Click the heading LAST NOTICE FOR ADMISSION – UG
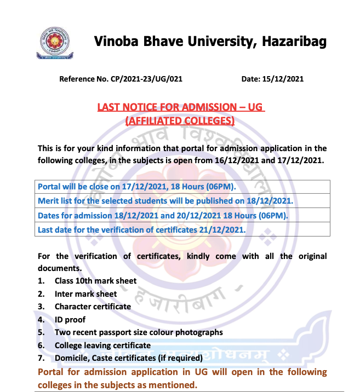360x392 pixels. (181, 107)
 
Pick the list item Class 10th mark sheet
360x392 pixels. (95, 281)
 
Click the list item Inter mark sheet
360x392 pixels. (85, 294)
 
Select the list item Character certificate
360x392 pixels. (93, 307)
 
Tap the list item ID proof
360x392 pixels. (70, 320)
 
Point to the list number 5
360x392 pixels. (41, 332)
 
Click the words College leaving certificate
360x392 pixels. (102, 345)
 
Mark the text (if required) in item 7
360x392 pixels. (179, 359)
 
